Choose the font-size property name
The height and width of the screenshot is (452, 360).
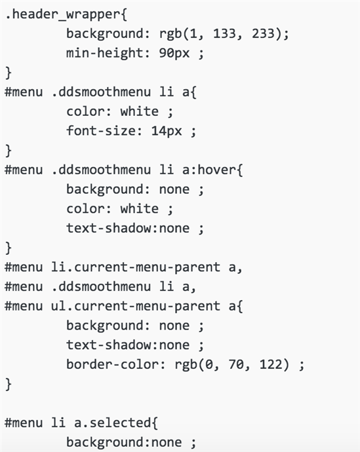[101, 131]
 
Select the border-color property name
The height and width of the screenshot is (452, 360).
[113, 364]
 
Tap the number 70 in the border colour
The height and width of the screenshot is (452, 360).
[236, 364]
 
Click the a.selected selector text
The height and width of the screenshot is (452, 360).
[113, 423]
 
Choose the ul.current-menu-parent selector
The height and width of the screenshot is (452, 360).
[136, 306]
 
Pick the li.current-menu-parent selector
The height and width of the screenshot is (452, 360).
[136, 267]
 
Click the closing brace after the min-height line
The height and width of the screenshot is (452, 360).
[9, 73]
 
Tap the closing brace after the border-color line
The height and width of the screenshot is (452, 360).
[9, 385]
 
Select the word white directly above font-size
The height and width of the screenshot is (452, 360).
[139, 111]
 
